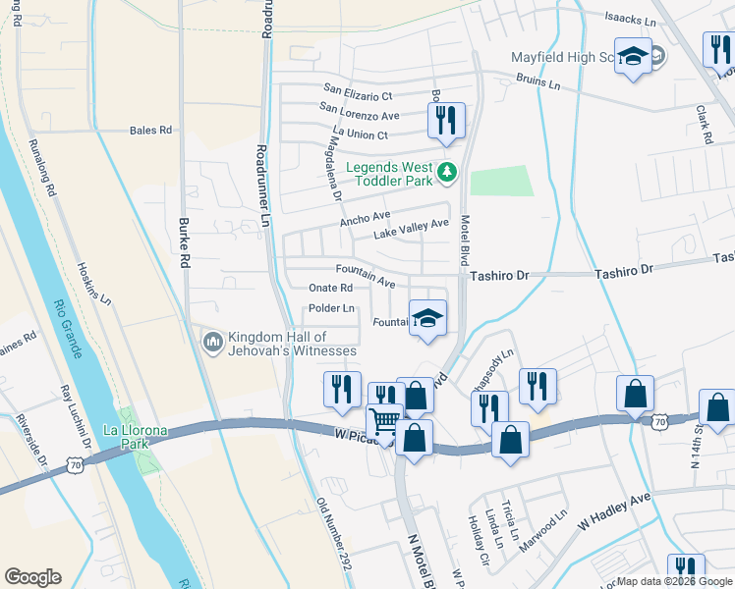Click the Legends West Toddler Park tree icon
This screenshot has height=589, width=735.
click(448, 173)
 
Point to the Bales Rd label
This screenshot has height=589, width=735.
click(151, 130)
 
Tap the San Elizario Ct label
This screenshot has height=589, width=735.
click(356, 96)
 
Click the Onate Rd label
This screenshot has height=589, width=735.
click(330, 289)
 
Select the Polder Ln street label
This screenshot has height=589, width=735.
click(332, 308)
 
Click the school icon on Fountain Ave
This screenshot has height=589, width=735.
click(427, 317)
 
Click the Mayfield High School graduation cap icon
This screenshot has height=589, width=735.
click(634, 55)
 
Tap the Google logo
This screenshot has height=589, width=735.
click(32, 577)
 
